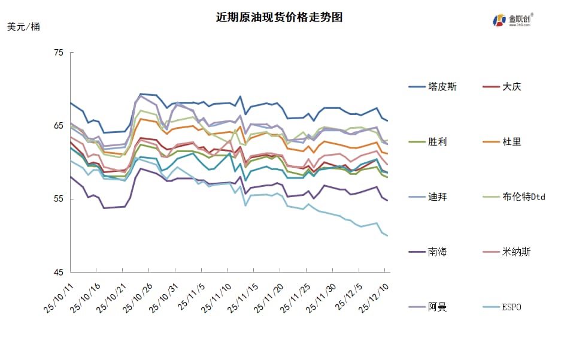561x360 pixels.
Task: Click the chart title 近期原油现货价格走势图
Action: (x=279, y=17)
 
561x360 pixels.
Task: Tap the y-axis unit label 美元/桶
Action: (x=24, y=27)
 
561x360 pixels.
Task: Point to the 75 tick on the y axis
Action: (x=59, y=53)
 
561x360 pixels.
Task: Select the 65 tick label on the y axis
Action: (x=59, y=126)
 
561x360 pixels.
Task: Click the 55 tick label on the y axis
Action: (x=59, y=199)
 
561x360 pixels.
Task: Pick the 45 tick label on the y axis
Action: (x=59, y=273)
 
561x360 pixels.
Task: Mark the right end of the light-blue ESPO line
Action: (x=388, y=236)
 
